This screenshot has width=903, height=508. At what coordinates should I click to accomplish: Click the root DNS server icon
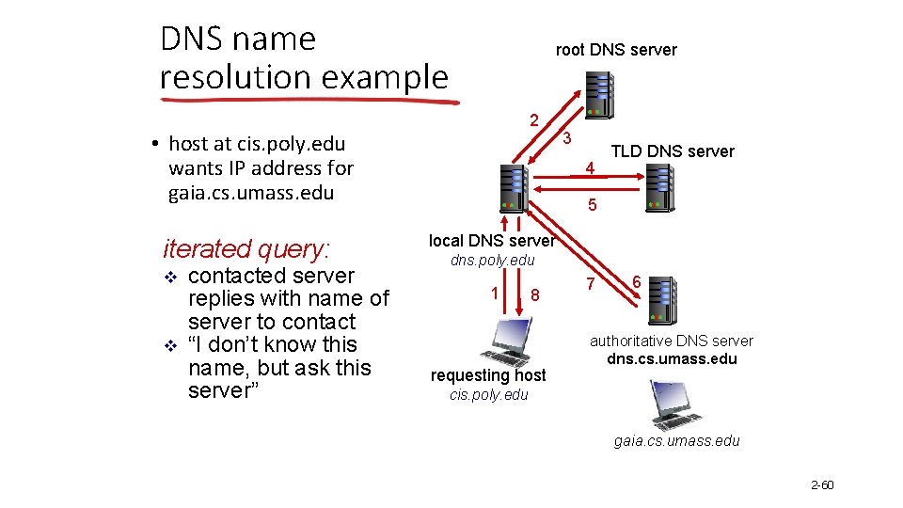point(598,93)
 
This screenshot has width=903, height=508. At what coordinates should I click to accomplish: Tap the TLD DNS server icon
point(660,187)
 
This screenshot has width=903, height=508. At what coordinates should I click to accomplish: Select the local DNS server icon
point(514,187)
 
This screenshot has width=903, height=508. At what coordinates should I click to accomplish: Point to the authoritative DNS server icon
point(663,300)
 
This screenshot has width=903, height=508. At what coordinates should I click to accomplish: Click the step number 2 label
point(533,120)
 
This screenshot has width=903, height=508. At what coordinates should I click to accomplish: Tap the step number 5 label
point(592,205)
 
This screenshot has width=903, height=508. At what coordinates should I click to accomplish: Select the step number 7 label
point(590,283)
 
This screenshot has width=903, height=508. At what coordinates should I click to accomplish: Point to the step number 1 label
point(495,292)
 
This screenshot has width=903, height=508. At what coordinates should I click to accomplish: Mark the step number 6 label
point(637,281)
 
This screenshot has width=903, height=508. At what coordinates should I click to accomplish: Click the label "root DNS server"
point(616,50)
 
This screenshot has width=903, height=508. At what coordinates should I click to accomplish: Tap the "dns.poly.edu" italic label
point(492,260)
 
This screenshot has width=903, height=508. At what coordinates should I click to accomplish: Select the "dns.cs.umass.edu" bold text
point(672,358)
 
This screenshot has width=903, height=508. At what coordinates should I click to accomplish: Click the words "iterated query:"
point(246,248)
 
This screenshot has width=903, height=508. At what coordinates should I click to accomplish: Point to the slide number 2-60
point(822,484)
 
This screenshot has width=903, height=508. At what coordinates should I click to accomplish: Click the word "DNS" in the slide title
point(193,40)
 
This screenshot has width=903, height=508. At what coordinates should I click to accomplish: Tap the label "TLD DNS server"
point(673,151)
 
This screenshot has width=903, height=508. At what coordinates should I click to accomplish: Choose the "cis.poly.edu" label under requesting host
point(489,394)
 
